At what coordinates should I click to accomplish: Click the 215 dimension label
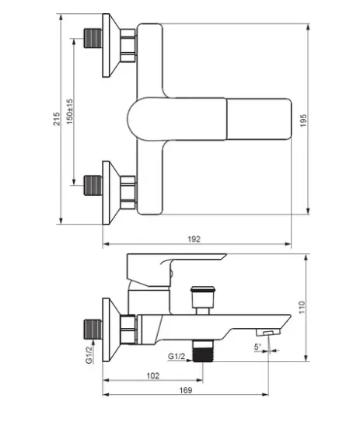tap(57, 119)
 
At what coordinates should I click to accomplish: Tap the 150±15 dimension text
tap(69, 111)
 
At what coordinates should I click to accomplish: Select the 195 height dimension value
tap(303, 120)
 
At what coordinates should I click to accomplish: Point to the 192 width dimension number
tap(194, 239)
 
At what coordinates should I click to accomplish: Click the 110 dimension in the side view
tap(302, 307)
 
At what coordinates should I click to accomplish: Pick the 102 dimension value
tap(153, 375)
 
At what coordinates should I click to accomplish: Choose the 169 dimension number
tap(186, 390)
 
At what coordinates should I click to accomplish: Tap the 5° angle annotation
tap(257, 347)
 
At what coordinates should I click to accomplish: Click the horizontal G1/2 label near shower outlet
tap(177, 357)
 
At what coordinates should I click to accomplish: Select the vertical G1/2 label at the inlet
tap(89, 354)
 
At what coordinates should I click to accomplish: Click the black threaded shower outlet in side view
tap(203, 351)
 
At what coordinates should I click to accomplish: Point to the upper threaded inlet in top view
tap(93, 38)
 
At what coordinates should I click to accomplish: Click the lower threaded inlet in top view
tap(93, 185)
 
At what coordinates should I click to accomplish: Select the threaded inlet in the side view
tap(93, 330)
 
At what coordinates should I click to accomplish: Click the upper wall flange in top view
tap(111, 45)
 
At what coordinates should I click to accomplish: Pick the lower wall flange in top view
tap(111, 193)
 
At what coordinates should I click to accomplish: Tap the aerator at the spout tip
tap(268, 332)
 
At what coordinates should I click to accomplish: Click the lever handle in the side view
tap(173, 269)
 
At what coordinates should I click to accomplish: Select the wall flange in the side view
tap(111, 330)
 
